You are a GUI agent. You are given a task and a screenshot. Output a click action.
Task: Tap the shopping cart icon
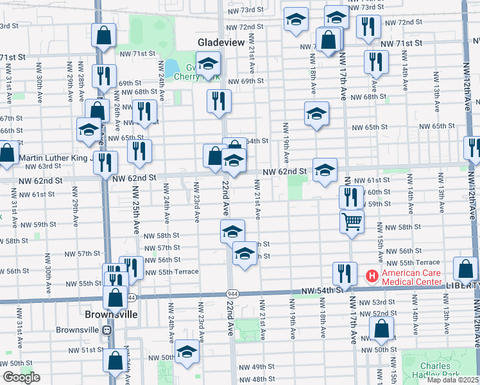(x=352, y=222)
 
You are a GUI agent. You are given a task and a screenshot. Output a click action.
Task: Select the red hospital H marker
(x=372, y=277)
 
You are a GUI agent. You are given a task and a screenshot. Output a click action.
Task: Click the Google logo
(x=21, y=377)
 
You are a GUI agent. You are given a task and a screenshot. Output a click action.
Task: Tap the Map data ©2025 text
(x=452, y=379)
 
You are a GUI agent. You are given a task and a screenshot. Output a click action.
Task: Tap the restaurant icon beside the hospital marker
(x=344, y=273)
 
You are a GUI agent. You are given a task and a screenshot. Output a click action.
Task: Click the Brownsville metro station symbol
(x=107, y=330)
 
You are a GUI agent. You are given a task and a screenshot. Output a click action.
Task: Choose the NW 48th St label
(x=255, y=380)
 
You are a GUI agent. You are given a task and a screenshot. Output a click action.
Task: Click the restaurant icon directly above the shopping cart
(x=351, y=197)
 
